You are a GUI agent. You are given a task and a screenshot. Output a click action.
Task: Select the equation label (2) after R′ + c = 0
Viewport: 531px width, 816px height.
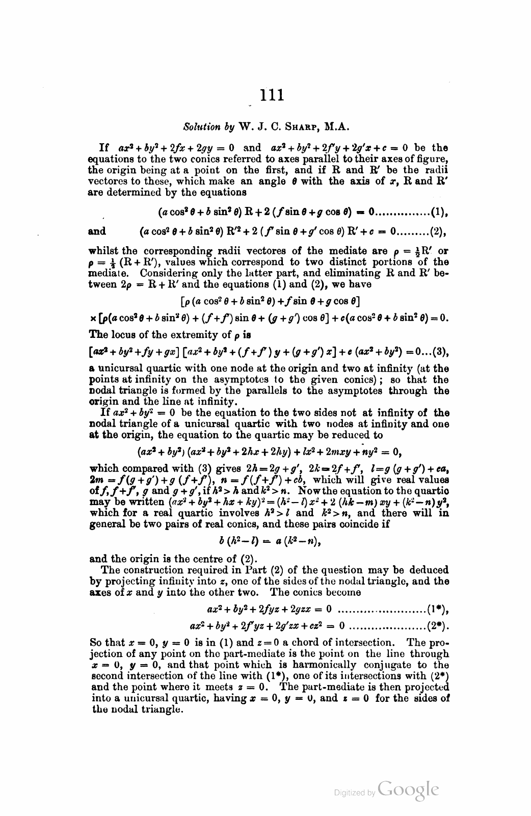click(x=438, y=232)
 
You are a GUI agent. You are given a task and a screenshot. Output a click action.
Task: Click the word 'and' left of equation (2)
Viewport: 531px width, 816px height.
click(x=97, y=232)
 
